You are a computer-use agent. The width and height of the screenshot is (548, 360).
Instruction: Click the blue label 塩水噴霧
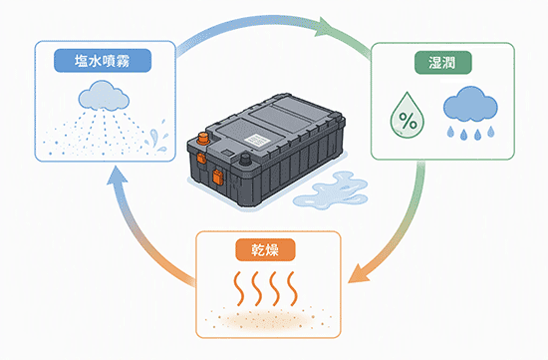[x=103, y=61]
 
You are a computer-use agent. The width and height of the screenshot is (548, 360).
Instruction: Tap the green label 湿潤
[x=442, y=63]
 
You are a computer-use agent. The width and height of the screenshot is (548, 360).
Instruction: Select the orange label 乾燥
[x=265, y=249]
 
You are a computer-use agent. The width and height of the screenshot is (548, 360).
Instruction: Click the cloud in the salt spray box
[x=104, y=96]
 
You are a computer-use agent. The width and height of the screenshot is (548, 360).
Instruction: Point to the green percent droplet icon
[x=408, y=116]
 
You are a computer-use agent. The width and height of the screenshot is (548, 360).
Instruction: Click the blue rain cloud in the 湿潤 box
[x=470, y=104]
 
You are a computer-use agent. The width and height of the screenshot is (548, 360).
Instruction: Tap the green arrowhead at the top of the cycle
[x=323, y=27]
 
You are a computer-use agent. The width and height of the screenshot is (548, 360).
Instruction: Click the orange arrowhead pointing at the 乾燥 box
[x=359, y=274]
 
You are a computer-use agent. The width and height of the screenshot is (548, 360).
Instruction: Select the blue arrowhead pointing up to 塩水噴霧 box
[x=117, y=175]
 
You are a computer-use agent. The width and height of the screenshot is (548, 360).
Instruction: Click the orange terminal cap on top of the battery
[x=202, y=138]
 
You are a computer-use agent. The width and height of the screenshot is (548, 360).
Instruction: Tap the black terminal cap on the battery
[x=245, y=160]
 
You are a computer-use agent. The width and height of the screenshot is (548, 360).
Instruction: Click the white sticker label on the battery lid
[x=257, y=141]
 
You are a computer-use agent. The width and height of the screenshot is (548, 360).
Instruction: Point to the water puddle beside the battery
[x=330, y=190]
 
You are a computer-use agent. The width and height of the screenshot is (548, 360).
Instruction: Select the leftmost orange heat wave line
[x=239, y=288]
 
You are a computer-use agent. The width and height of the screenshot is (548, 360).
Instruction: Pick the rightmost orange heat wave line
[x=292, y=288]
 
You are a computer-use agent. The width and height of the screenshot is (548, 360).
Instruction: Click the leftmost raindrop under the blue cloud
[x=450, y=132]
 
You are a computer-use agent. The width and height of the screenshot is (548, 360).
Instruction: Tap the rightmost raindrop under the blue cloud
[x=490, y=132]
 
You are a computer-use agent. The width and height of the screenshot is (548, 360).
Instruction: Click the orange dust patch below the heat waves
[x=267, y=319]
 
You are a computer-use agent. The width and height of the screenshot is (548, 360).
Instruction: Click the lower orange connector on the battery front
[x=217, y=177]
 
